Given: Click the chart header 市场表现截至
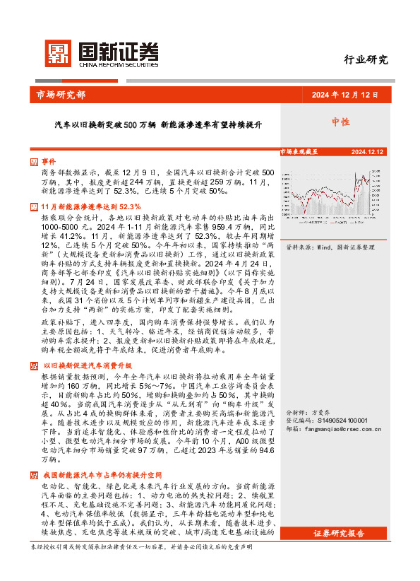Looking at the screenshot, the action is (299, 151).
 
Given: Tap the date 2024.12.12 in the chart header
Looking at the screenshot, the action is (366, 151).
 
